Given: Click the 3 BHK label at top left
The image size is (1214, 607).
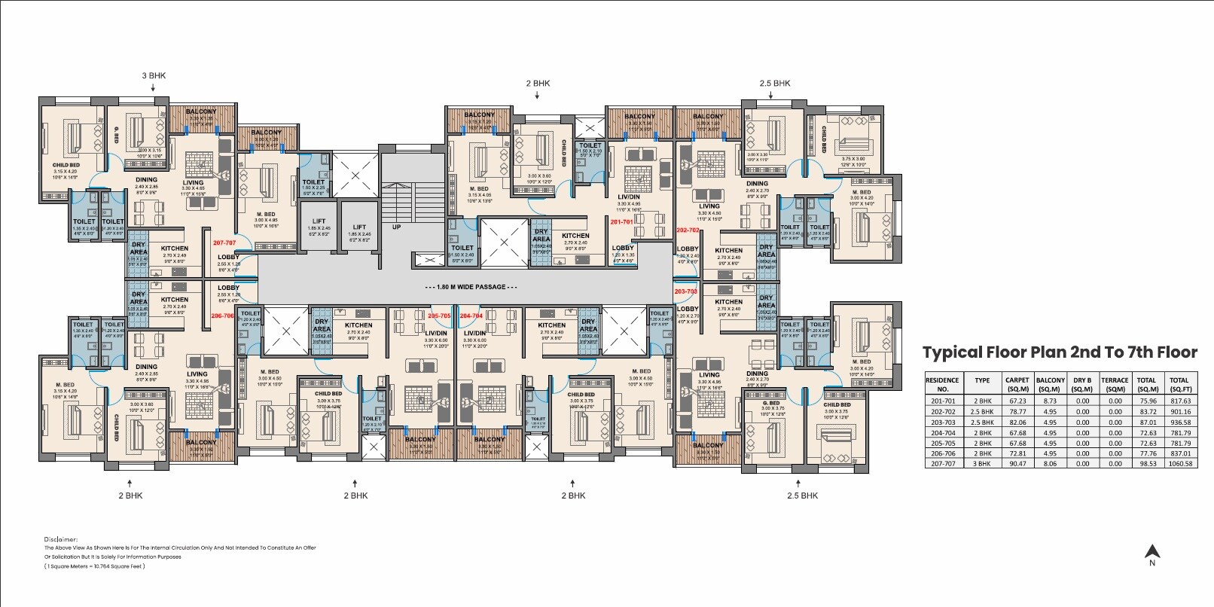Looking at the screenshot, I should tap(154, 76).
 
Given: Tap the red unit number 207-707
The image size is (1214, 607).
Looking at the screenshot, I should tap(224, 243).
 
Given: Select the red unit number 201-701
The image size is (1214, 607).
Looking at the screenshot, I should tap(622, 222).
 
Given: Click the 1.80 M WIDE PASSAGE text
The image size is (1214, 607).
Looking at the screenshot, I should tap(471, 287).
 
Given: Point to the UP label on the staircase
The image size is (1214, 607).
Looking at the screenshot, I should tap(396, 227).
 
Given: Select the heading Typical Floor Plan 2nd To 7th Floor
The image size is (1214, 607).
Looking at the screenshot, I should tap(1060, 352).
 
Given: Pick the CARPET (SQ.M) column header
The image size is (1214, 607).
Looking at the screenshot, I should tap(1017, 384).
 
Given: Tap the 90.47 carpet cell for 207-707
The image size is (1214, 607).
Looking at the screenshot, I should tap(1017, 464).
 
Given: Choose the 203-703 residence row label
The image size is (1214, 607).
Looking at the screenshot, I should tap(942, 422).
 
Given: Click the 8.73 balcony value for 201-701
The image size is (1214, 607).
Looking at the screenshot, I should tap(1050, 401).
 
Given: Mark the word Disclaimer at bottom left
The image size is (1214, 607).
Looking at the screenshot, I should tap(61, 539).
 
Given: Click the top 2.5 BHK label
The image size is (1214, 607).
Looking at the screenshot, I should tap(775, 84).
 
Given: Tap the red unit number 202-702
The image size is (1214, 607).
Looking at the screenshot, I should tap(688, 230).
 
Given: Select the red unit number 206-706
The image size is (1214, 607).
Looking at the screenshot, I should tap(222, 316).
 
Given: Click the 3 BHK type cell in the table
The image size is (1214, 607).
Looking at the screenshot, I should tap(982, 464).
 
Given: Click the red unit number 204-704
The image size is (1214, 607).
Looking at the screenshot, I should tap(471, 316).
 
